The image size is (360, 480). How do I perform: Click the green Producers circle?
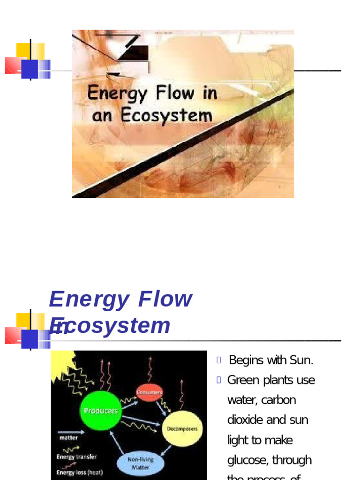point(100,411)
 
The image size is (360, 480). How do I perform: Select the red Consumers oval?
point(149,392)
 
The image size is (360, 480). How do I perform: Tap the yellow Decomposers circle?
point(182,429)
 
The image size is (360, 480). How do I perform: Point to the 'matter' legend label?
point(68,438)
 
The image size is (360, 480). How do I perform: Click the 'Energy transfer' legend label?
point(77,457)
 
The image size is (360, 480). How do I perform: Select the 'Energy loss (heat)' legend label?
point(80,472)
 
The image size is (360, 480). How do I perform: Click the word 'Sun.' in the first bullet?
point(301,360)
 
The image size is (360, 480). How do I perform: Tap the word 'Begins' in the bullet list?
point(246,360)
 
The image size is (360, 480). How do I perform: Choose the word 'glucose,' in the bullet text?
point(248,460)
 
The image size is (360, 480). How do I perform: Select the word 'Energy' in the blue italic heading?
point(89,299)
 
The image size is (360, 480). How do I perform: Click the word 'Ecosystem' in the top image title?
point(166,115)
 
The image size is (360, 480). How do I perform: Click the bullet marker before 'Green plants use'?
point(219,380)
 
